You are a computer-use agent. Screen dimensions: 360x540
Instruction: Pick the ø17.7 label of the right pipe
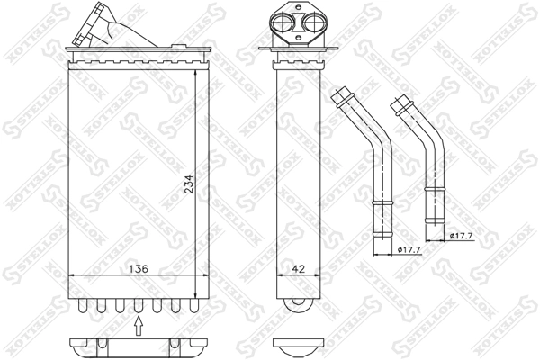[463, 237]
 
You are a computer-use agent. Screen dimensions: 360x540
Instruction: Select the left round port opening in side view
[283, 24]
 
